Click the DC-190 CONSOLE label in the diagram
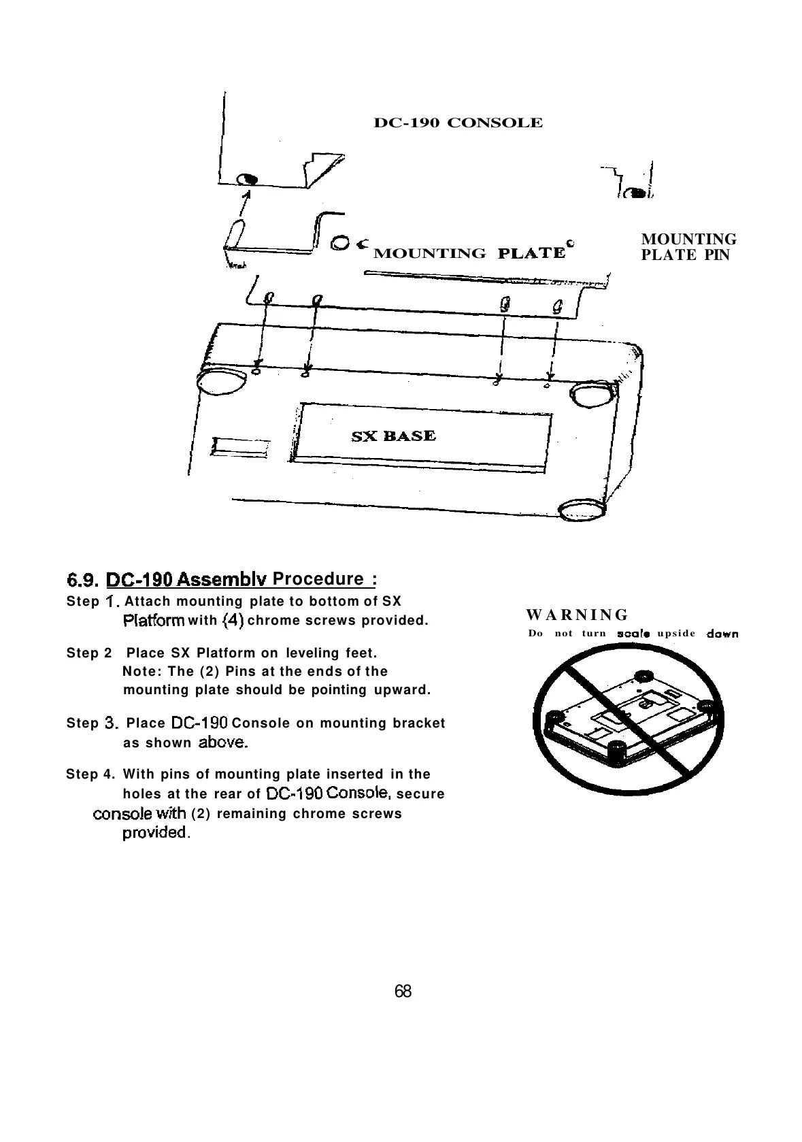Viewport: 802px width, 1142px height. click(x=458, y=123)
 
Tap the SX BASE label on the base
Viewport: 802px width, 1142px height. click(x=393, y=436)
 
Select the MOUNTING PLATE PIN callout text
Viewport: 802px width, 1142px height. click(x=688, y=247)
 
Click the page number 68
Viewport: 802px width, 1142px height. click(x=403, y=991)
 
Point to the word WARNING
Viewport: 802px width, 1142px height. click(x=578, y=615)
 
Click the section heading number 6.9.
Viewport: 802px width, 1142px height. click(x=84, y=580)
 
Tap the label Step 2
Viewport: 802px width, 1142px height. click(x=89, y=653)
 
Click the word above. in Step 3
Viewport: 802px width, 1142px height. click(x=222, y=743)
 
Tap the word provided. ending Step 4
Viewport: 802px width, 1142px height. click(x=156, y=833)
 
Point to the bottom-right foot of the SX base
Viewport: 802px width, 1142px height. click(x=580, y=511)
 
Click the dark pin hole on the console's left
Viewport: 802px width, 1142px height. click(x=248, y=180)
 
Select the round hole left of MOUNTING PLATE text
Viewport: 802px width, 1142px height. click(x=340, y=243)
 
